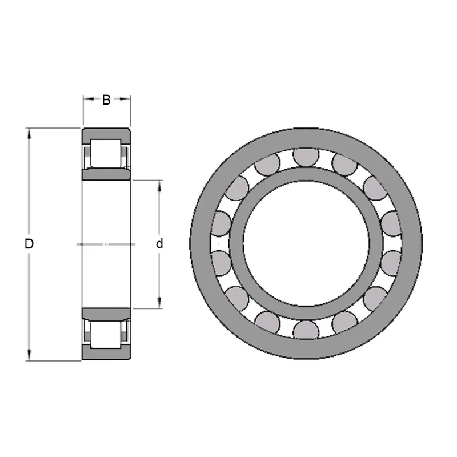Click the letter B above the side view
(x=106, y=99)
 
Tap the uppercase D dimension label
(x=29, y=244)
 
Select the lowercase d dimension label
(x=159, y=244)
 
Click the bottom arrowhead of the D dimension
(x=29, y=355)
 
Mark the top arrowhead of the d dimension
(x=159, y=185)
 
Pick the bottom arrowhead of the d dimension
(x=159, y=303)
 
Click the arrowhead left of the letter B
(x=89, y=99)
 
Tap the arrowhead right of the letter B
(x=125, y=99)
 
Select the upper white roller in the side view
(x=106, y=153)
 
